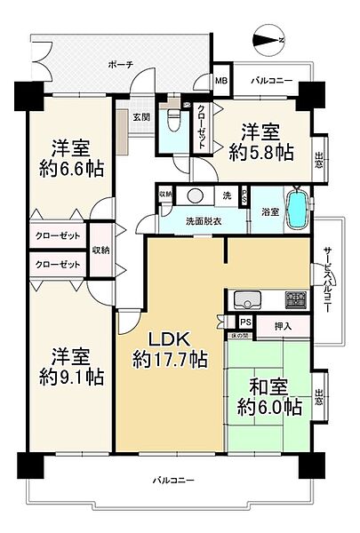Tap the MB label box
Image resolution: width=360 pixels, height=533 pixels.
[x=220, y=81]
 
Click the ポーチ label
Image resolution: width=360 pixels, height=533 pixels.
[x=119, y=65]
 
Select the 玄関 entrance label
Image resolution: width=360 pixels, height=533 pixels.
[x=141, y=117]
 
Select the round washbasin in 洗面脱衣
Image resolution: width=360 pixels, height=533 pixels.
[x=196, y=196]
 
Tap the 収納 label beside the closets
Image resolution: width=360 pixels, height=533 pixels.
[x=100, y=251]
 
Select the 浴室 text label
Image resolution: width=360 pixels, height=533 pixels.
[x=270, y=212]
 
